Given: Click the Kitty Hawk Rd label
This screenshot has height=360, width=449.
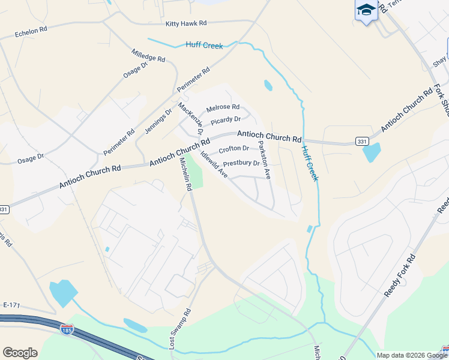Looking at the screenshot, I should click(186, 23).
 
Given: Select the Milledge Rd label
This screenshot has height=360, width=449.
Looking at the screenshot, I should click(148, 55).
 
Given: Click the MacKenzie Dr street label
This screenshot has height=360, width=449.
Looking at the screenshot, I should click(191, 118).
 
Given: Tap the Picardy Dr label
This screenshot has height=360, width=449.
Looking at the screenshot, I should click(225, 119).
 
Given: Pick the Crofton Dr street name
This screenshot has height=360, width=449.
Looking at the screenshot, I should click(234, 149).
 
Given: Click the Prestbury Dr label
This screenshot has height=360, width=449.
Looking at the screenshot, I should click(241, 163).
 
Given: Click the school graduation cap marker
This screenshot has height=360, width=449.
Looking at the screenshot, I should click(366, 10).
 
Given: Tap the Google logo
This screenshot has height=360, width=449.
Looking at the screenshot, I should click(20, 353).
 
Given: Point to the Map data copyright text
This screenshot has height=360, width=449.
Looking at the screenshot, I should click(403, 355).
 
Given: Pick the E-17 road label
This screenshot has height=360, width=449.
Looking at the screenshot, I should click(11, 305).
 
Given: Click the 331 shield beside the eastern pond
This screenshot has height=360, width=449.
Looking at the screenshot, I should click(361, 141).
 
